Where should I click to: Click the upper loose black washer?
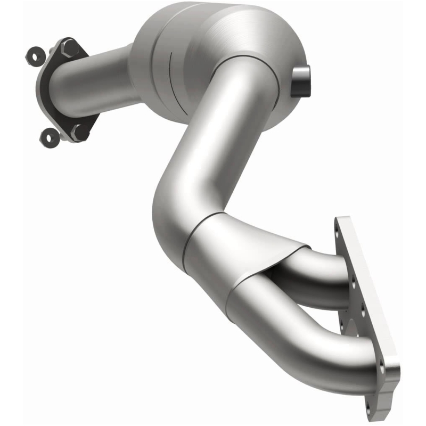pyautogui.click(x=36, y=54)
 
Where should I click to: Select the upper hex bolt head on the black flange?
pyautogui.click(x=69, y=50)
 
